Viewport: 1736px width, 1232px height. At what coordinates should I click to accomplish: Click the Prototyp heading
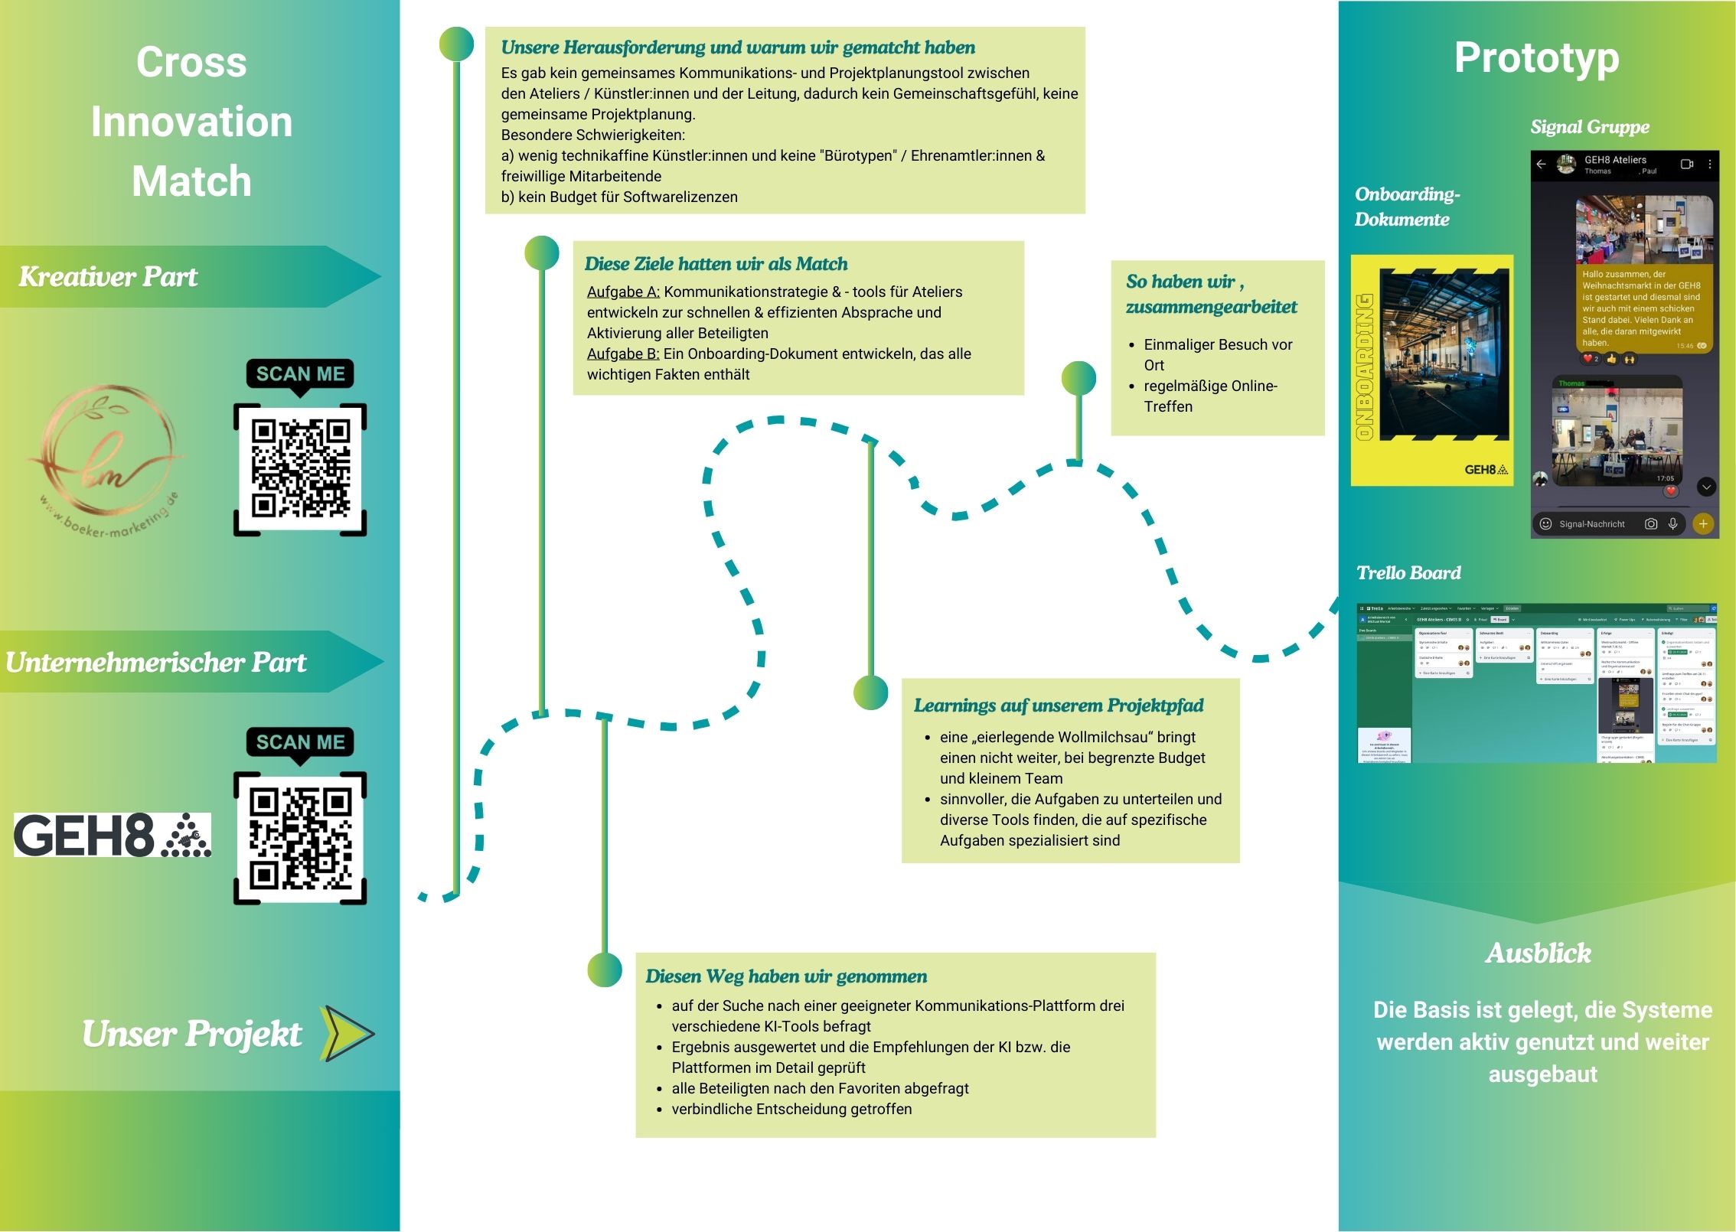pos(1536,59)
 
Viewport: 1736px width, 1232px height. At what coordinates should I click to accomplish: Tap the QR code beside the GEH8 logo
pos(300,838)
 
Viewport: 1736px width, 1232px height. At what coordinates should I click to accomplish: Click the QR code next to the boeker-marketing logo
pos(300,469)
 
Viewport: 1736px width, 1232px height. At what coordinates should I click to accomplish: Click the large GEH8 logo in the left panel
pos(112,835)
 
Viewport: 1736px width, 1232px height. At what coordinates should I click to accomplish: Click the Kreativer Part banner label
pos(108,276)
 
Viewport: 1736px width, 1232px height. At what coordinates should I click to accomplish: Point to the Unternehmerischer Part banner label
pos(155,662)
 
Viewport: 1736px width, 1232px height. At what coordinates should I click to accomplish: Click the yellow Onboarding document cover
pos(1431,370)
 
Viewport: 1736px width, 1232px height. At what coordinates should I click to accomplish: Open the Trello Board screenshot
pos(1536,683)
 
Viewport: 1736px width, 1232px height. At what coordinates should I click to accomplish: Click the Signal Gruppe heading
pos(1589,127)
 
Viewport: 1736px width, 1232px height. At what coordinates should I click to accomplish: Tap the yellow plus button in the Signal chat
pos(1702,524)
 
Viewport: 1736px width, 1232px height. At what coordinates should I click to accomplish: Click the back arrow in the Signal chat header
pos(1542,165)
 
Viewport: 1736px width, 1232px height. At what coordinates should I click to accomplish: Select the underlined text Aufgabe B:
pos(623,354)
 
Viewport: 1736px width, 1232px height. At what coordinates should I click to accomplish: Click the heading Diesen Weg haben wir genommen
pos(785,976)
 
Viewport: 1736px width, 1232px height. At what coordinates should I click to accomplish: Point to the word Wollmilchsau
pos(1085,737)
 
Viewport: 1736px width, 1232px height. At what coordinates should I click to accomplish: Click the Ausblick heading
pos(1538,953)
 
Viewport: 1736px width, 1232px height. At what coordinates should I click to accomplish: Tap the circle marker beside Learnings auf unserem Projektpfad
pos(870,693)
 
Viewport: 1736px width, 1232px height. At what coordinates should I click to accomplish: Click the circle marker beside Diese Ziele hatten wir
pos(542,253)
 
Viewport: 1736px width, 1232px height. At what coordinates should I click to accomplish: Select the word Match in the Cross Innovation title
pos(191,181)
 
